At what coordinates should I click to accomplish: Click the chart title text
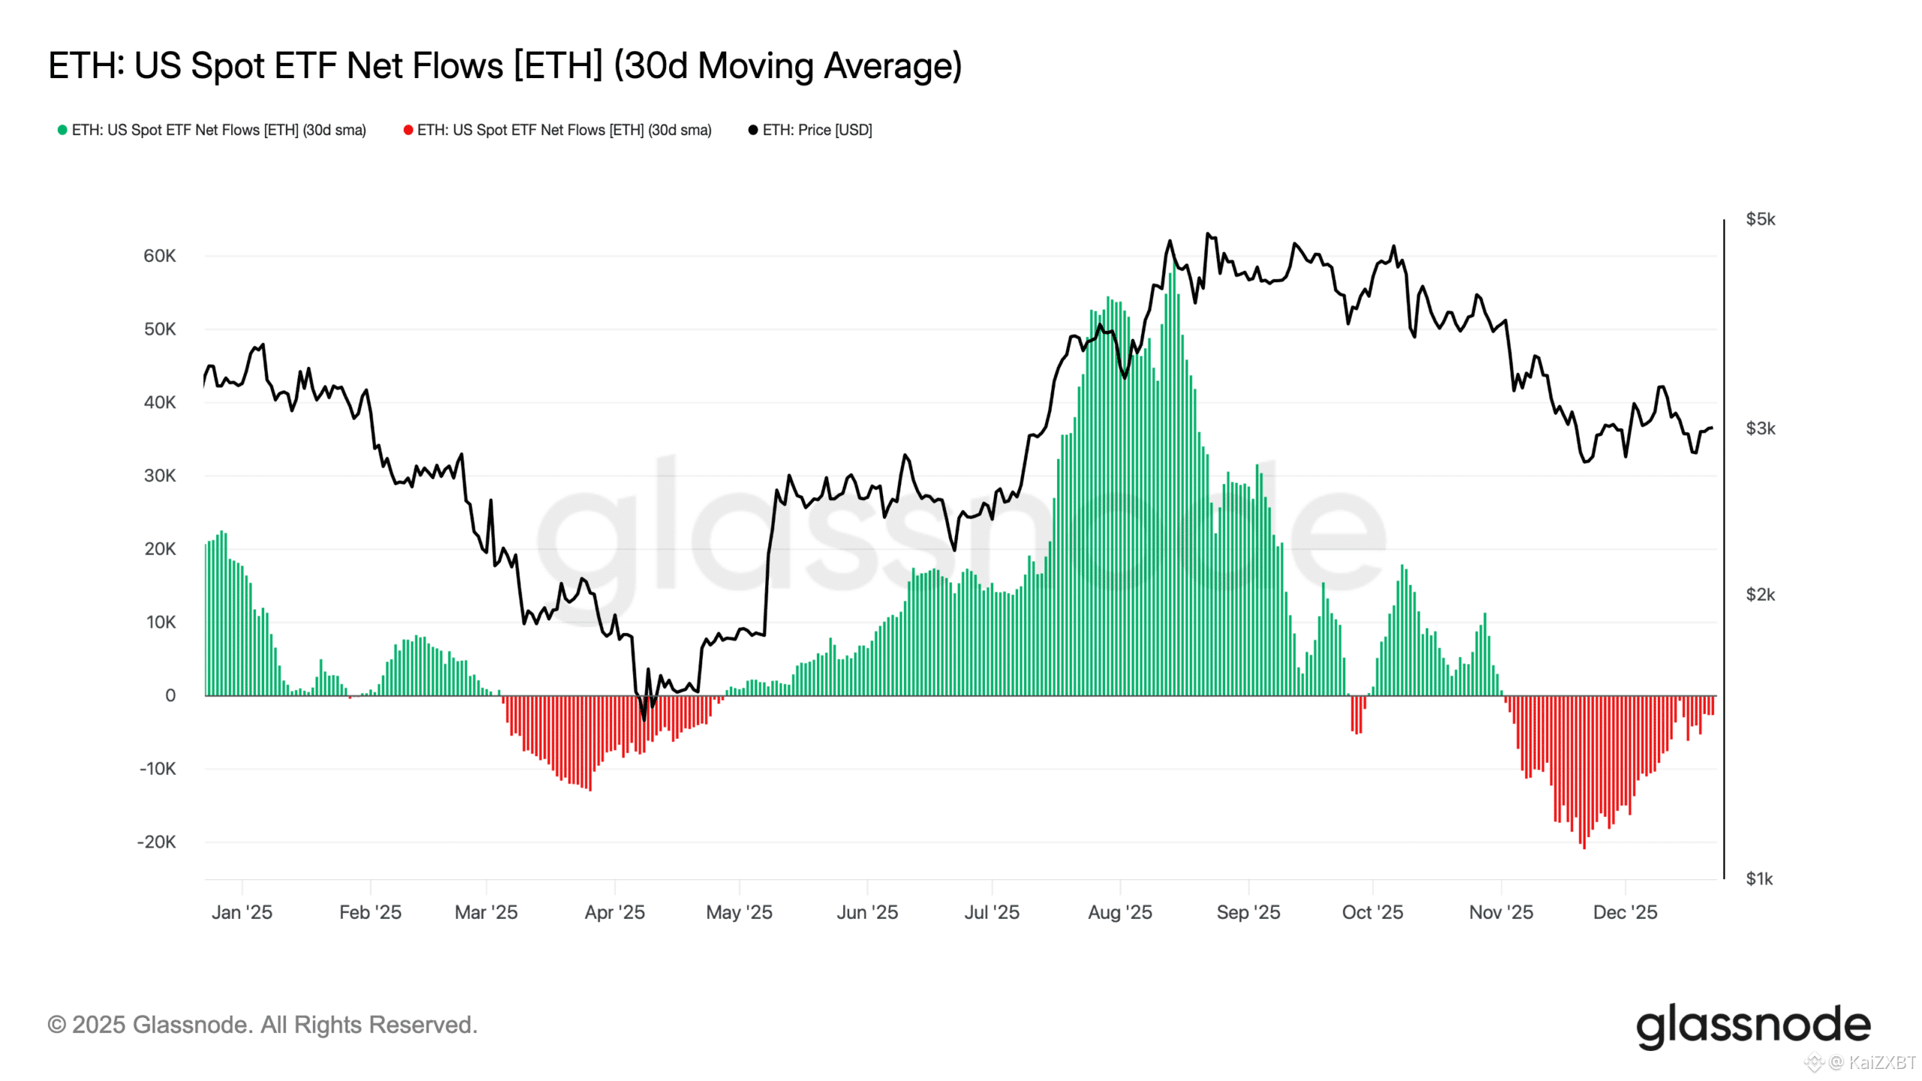pyautogui.click(x=505, y=66)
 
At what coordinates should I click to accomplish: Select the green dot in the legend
pyautogui.click(x=62, y=130)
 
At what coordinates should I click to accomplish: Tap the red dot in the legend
pyautogui.click(x=408, y=130)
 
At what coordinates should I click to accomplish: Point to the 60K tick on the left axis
pyautogui.click(x=159, y=256)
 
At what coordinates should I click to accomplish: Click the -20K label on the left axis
pyautogui.click(x=156, y=842)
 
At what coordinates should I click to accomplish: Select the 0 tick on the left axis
pyautogui.click(x=170, y=695)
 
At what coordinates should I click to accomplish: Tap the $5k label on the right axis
pyautogui.click(x=1760, y=219)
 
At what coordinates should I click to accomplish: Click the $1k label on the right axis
pyautogui.click(x=1758, y=878)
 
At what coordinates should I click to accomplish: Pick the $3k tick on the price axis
pyautogui.click(x=1760, y=429)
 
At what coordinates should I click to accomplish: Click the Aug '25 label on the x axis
pyautogui.click(x=1119, y=912)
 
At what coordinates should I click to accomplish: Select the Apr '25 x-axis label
pyautogui.click(x=614, y=912)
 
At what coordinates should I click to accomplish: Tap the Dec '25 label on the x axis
pyautogui.click(x=1625, y=912)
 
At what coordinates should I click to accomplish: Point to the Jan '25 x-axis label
pyautogui.click(x=242, y=912)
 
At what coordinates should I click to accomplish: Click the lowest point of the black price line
pyautogui.click(x=644, y=719)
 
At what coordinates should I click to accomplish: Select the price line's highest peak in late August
pyautogui.click(x=1207, y=233)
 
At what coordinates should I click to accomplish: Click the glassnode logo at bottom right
pyautogui.click(x=1752, y=1025)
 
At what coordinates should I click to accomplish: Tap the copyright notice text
pyautogui.click(x=262, y=1025)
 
